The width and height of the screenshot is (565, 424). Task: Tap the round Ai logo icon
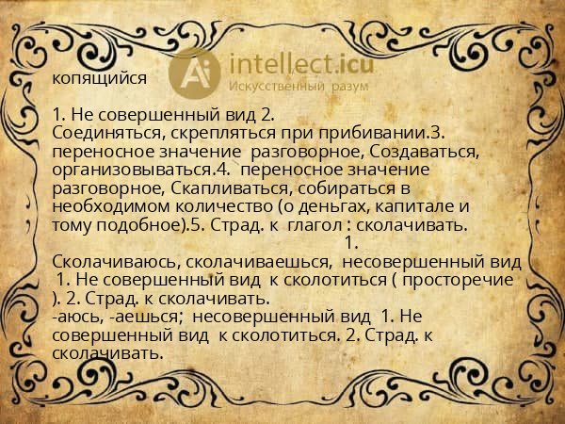coord(194,71)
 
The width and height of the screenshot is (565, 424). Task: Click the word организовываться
coord(132,169)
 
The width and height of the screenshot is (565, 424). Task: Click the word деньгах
coord(313,205)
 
